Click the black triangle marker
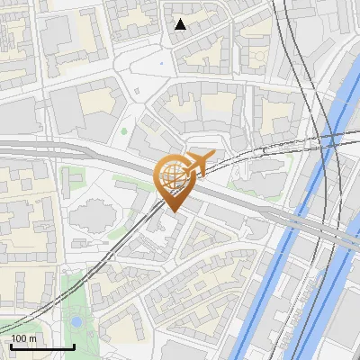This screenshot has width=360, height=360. [x=181, y=24]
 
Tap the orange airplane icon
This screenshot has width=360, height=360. [x=198, y=164]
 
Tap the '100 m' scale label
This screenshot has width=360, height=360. [x=23, y=338]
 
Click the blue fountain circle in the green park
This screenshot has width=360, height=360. [x=76, y=320]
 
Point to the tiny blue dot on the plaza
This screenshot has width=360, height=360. [x=161, y=63]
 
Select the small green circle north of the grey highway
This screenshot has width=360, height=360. [x=124, y=132]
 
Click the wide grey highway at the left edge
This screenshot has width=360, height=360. [x=18, y=150]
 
